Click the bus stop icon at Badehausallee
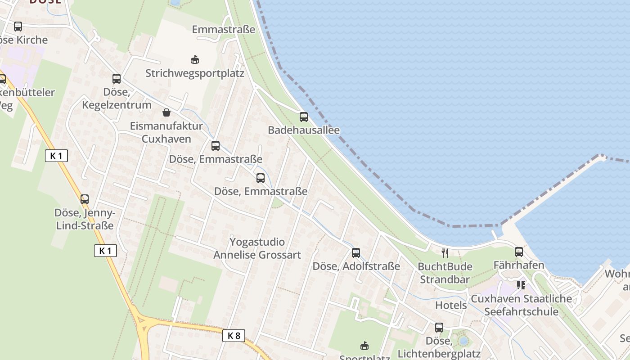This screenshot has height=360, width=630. (304, 117)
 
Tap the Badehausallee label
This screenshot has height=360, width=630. (304, 130)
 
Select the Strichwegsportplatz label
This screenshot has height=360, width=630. (194, 73)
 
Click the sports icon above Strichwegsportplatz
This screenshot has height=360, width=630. (195, 59)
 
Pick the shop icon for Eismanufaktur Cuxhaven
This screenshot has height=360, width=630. (166, 112)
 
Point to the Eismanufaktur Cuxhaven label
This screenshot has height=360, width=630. (166, 132)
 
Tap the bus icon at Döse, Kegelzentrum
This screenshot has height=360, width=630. (117, 79)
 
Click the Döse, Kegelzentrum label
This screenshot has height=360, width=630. (117, 99)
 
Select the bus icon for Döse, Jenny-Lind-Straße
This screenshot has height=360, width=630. (85, 199)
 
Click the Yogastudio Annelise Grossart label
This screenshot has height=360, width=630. (257, 248)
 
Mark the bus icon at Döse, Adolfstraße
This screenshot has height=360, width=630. (356, 253)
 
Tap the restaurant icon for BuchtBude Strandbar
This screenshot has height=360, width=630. (445, 253)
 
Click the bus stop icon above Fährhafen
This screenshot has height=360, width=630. (519, 252)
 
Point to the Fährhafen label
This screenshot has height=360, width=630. (519, 265)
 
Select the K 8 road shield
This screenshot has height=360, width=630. (234, 335)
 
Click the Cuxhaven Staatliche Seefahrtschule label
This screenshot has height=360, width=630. (521, 305)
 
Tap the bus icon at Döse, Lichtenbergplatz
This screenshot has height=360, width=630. (439, 328)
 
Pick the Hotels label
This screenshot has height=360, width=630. (451, 305)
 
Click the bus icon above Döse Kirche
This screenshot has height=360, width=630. (18, 27)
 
